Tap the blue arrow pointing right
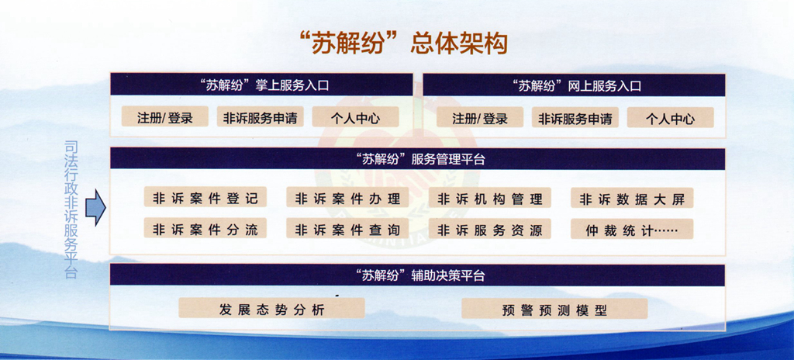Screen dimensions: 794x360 pyautogui.click(x=95, y=207)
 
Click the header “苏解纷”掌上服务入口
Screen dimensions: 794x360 pyautogui.click(x=262, y=85)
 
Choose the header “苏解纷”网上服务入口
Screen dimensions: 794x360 pyautogui.click(x=574, y=85)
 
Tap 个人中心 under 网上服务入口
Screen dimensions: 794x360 pyautogui.click(x=670, y=119)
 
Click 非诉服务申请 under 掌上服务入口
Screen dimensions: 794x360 pyautogui.click(x=261, y=118)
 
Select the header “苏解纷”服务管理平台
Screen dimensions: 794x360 pyautogui.click(x=418, y=159)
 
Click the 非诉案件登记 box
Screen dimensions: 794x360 pyautogui.click(x=205, y=198)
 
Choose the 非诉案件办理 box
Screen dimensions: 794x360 pyautogui.click(x=348, y=198)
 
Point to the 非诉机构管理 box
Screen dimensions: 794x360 pyautogui.click(x=490, y=198)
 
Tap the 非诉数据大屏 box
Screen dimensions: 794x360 pyautogui.click(x=632, y=199)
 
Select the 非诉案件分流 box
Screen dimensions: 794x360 pyautogui.click(x=205, y=229)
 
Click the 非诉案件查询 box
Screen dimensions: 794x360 pyautogui.click(x=348, y=229)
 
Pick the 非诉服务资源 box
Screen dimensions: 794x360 pyautogui.click(x=490, y=229)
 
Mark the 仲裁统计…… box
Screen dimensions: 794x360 pyautogui.click(x=632, y=229)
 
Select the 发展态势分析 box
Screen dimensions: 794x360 pyautogui.click(x=271, y=308)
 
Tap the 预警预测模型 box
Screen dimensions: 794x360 pyautogui.click(x=554, y=309)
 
